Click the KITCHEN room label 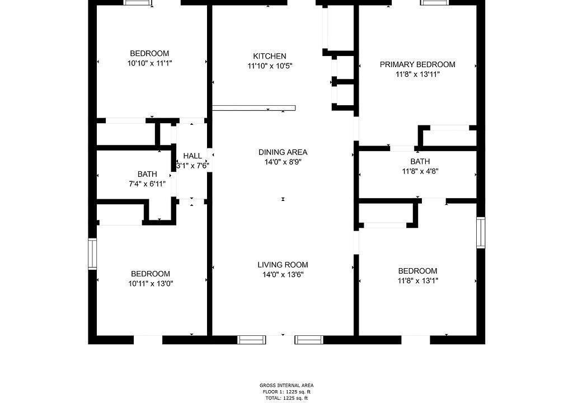[270, 56]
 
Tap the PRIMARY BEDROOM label [417, 64]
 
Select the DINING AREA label [283, 152]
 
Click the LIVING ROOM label [283, 265]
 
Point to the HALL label [192, 156]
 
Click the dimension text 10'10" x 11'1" [149, 63]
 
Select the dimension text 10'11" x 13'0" [151, 283]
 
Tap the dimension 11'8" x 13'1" [417, 280]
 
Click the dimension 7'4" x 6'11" [147, 184]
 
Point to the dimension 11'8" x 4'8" [420, 171]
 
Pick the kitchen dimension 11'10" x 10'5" [270, 66]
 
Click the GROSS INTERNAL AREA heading [286, 385]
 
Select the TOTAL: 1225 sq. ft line [286, 399]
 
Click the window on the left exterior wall [92, 254]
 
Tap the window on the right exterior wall [481, 233]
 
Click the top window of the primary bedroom [435, 3]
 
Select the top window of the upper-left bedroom [138, 3]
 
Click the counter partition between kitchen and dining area [253, 108]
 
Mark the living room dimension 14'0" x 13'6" [283, 275]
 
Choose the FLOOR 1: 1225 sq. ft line [286, 392]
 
